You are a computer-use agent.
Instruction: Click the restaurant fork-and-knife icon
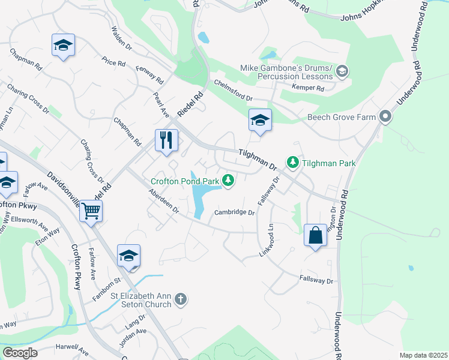tap(167, 140)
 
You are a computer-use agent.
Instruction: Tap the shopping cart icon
tap(91, 211)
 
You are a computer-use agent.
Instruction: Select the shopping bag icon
tap(315, 235)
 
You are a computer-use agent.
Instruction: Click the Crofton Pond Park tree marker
tap(228, 180)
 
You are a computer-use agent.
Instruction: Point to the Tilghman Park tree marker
tap(292, 163)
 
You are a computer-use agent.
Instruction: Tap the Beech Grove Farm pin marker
tap(385, 117)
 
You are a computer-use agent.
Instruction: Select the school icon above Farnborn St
tap(128, 256)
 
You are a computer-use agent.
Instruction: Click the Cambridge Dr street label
tap(235, 212)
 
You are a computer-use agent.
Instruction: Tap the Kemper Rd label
tap(308, 88)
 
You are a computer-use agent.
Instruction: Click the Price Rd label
tap(113, 62)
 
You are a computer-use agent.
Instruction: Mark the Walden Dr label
tap(122, 37)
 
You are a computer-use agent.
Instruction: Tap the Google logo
tap(20, 353)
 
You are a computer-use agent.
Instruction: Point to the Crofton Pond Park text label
tap(184, 180)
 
